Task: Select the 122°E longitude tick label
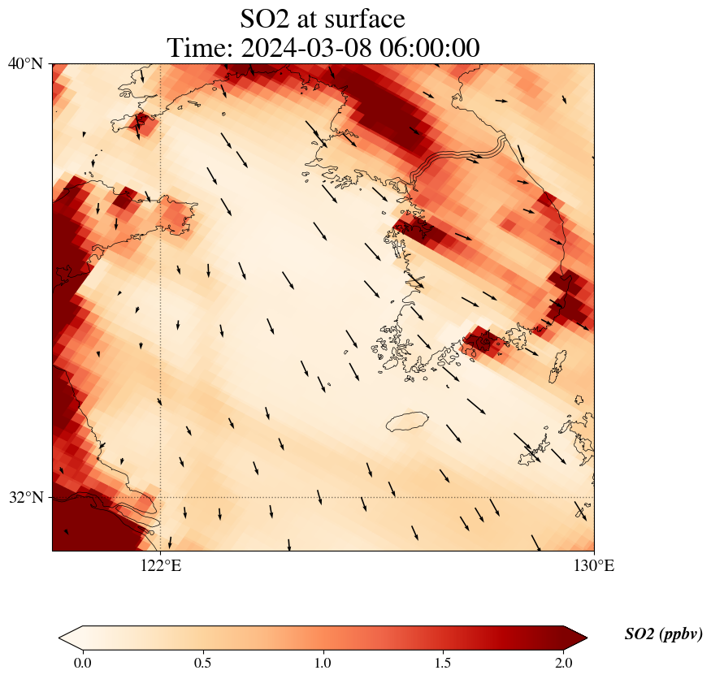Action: click(x=160, y=565)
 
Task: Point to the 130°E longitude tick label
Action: click(x=594, y=565)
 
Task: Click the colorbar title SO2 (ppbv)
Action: click(x=663, y=634)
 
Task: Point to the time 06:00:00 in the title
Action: click(x=427, y=48)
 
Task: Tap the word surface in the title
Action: click(x=365, y=18)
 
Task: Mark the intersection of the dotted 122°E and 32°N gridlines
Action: click(x=160, y=497)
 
